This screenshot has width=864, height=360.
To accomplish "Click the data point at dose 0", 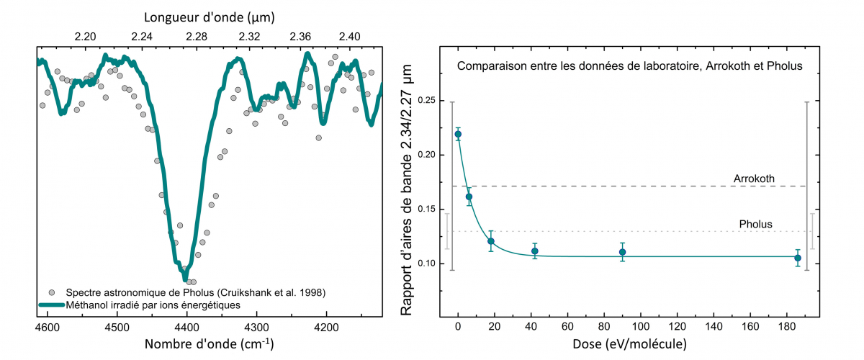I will (x=458, y=134).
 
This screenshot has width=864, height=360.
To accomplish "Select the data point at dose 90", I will (x=622, y=252).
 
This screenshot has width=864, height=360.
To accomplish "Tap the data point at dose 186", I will (x=798, y=258).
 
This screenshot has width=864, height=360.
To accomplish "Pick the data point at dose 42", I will (x=535, y=251).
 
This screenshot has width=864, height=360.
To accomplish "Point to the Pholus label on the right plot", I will (x=756, y=224).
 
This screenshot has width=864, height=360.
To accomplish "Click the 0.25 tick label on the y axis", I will (x=426, y=100).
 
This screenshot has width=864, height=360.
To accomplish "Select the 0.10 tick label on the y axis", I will (x=426, y=264).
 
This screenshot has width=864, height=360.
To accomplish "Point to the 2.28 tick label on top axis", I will (x=197, y=36).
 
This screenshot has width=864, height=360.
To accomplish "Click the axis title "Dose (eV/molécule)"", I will (x=629, y=345).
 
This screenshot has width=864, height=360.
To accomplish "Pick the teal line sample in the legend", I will (x=50, y=305).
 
